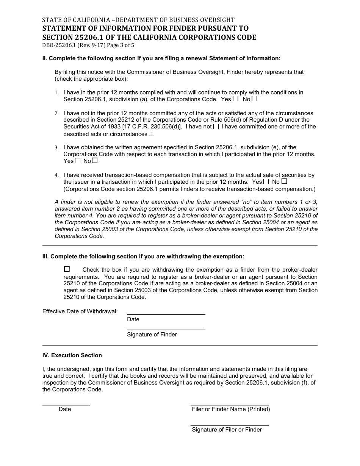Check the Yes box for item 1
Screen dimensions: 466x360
[x=236, y=99]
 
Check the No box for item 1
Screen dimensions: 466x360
[x=255, y=99]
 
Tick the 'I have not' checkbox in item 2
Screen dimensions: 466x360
[x=216, y=127]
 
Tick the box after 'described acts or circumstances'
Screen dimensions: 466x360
[x=152, y=134]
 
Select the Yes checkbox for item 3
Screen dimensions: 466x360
[x=78, y=161]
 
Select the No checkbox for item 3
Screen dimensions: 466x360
[x=95, y=161]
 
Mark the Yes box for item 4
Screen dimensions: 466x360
[x=266, y=181]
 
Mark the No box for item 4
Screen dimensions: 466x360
[x=284, y=181]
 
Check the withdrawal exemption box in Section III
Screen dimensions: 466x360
[x=67, y=269]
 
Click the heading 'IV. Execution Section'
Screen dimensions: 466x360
[x=72, y=355]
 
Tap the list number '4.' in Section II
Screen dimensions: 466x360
[x=56, y=175]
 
